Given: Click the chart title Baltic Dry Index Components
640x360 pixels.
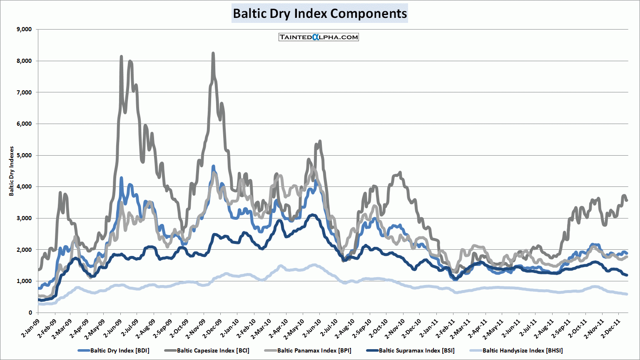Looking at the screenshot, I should (319, 13).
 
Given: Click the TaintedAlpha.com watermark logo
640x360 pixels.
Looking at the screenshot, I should (319, 37).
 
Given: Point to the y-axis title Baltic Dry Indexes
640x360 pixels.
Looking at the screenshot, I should (12, 171).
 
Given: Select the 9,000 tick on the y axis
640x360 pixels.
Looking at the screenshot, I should (24, 29).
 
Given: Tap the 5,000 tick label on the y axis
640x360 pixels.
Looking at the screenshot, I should (24, 155).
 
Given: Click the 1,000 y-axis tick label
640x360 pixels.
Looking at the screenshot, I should (24, 281).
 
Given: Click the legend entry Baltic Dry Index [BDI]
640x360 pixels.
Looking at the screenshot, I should (120, 350).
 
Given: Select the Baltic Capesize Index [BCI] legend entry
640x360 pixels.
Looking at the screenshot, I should (213, 350).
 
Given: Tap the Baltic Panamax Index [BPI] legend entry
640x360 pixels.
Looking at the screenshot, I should (314, 350).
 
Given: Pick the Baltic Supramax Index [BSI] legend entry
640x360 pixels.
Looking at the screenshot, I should (416, 350).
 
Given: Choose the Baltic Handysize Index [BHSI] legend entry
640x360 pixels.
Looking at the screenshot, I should (522, 350).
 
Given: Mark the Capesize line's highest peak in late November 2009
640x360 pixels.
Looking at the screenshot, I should (213, 53).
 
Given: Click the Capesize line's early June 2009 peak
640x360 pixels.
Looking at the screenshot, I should (121, 56).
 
